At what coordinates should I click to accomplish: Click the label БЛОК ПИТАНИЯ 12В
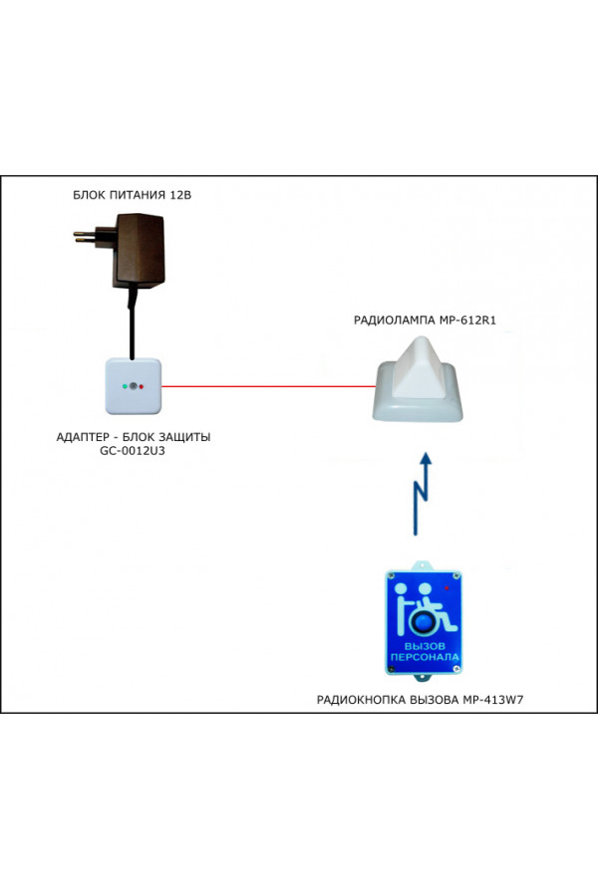click(133, 195)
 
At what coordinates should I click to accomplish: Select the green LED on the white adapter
click(124, 386)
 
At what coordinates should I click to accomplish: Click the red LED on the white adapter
click(142, 386)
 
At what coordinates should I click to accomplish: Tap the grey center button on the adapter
click(134, 386)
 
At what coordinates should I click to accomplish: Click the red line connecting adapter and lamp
click(269, 386)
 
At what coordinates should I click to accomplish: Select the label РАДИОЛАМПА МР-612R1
click(425, 321)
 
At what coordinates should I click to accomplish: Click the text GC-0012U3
click(133, 451)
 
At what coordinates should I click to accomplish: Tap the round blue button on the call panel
click(424, 623)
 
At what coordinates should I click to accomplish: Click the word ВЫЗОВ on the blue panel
click(425, 646)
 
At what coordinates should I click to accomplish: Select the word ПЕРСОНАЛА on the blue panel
click(425, 657)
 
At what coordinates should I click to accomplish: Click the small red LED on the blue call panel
click(447, 587)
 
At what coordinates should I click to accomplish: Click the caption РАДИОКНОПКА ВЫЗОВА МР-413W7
click(421, 700)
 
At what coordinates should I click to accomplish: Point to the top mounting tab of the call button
click(424, 565)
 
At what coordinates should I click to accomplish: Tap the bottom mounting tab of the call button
click(424, 677)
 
